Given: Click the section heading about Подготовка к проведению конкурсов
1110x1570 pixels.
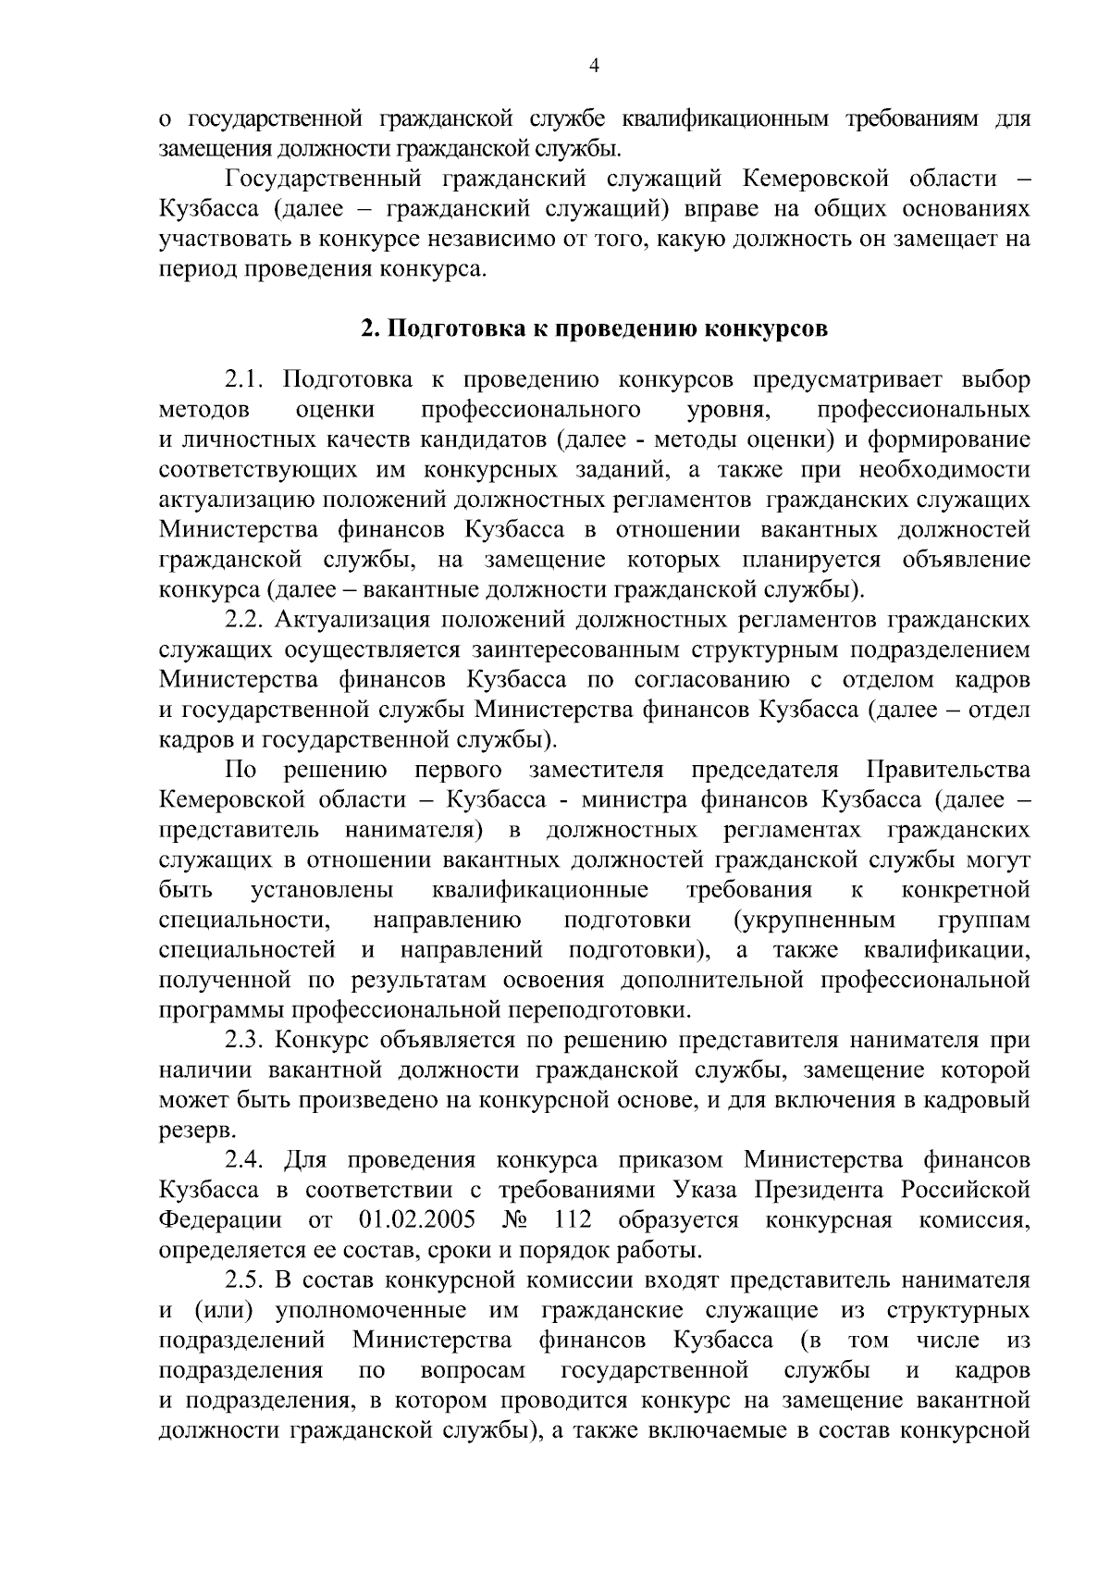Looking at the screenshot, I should click(x=594, y=328).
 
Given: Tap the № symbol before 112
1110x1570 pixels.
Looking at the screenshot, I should click(x=513, y=1219).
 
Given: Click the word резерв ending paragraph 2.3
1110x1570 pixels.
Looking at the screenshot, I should click(x=190, y=1131).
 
